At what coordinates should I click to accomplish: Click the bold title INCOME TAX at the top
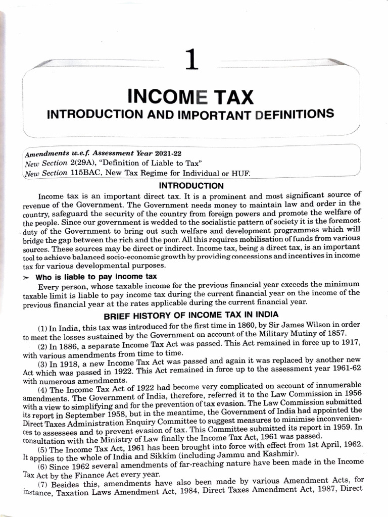click(190, 96)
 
